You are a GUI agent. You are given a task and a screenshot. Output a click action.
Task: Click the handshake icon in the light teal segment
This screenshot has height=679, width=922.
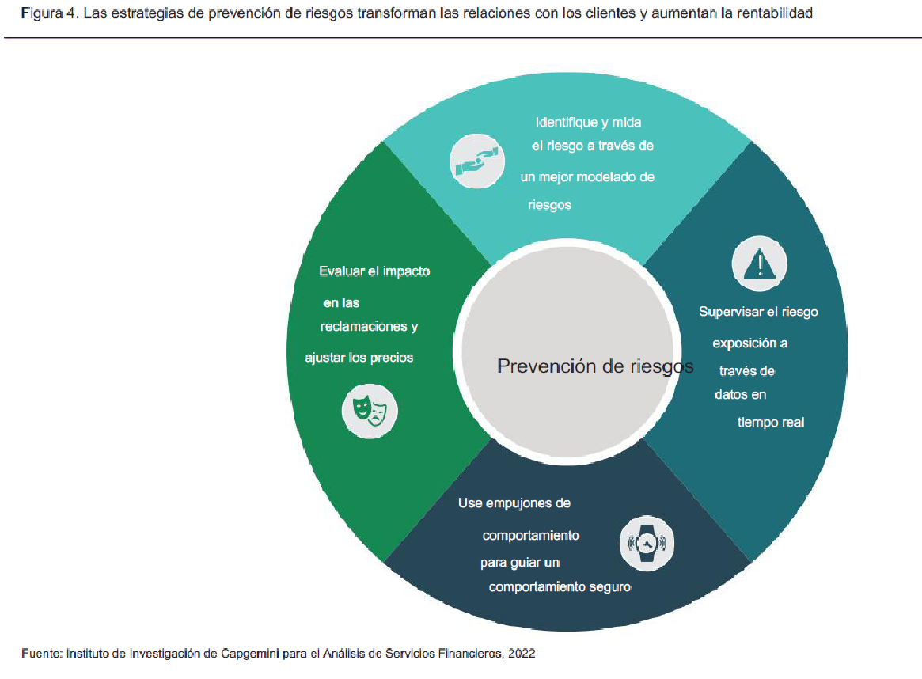[x=477, y=161]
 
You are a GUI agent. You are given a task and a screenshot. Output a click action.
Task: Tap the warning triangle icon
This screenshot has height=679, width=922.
[x=759, y=264]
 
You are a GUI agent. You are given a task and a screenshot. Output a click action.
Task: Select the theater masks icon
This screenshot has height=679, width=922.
[x=370, y=411]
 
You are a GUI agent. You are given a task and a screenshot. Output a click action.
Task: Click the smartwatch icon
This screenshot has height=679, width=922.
[x=647, y=543]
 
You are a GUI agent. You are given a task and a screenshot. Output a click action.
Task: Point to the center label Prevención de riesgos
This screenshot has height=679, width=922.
[x=595, y=366]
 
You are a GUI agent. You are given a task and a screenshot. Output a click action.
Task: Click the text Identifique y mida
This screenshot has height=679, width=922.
[x=588, y=123]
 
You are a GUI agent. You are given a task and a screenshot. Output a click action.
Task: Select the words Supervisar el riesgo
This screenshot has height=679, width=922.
[x=758, y=312]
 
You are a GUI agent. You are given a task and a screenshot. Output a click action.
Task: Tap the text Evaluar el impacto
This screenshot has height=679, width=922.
[x=374, y=271]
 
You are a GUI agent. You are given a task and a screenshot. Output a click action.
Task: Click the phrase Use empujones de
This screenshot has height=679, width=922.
[x=514, y=503]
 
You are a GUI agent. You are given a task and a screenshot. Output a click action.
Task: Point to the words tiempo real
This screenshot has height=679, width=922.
[x=770, y=422]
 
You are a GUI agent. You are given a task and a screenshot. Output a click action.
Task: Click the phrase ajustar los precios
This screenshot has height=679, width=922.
[x=359, y=358]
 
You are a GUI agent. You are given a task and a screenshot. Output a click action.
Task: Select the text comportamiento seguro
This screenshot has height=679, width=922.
[x=560, y=586]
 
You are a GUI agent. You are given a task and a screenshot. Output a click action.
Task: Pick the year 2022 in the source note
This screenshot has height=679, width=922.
[x=522, y=653]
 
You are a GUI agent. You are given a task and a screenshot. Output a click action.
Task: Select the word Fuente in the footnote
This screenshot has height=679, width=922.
[x=41, y=653]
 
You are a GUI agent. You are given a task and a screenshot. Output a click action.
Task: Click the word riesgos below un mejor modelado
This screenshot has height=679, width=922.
[x=549, y=205]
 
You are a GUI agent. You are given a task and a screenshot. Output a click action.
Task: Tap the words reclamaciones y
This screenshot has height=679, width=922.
[x=369, y=326]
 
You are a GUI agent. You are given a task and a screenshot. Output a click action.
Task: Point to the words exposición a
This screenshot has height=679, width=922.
[x=749, y=343]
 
